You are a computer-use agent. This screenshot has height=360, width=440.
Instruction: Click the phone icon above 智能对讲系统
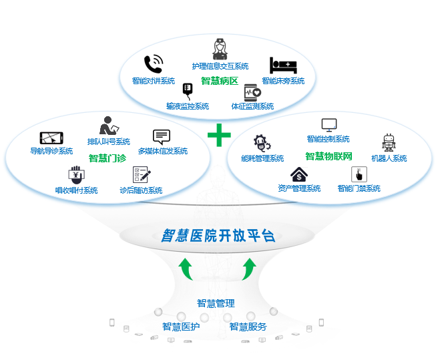tap(153, 64)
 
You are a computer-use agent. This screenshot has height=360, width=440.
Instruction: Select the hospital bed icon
tap(282, 65)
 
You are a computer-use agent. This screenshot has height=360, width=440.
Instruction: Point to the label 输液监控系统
tap(188, 106)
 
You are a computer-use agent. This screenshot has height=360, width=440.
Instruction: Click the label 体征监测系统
tap(252, 106)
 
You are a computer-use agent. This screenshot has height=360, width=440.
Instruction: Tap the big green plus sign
tap(219, 135)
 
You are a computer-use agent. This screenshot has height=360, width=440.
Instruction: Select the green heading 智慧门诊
tap(107, 158)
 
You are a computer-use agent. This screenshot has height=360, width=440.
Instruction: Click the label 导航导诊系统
tap(51, 151)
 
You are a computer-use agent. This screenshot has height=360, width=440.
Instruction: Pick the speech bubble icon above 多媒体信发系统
tap(162, 137)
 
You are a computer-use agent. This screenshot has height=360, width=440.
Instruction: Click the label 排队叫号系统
tap(108, 142)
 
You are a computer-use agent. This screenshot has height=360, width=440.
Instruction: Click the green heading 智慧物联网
tap(328, 156)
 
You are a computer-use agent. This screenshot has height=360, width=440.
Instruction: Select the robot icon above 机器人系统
tap(389, 142)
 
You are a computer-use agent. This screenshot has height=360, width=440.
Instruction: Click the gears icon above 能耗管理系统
tap(261, 143)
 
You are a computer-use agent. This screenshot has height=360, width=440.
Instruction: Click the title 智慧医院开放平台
tap(218, 235)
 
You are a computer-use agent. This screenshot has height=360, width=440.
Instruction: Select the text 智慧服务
tap(248, 327)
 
